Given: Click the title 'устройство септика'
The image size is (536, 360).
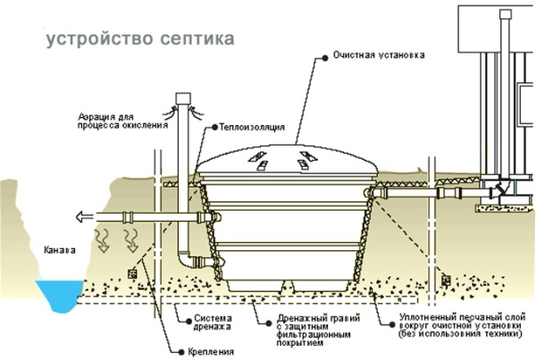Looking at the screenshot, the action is tap(140, 38).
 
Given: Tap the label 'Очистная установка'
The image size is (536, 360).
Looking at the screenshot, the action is tap(379, 55).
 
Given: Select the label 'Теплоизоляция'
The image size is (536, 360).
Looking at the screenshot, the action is tap(252, 127).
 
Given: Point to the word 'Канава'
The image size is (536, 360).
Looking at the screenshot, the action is tap(60, 250).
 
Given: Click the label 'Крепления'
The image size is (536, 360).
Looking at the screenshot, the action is tap(211, 352).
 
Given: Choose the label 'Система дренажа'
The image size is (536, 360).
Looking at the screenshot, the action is tap(213, 322).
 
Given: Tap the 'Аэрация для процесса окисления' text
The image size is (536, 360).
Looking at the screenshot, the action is tap(122, 121).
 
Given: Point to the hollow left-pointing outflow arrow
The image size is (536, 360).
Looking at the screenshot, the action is tap(84, 217).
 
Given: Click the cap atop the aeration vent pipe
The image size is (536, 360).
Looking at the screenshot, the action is tap(183, 98).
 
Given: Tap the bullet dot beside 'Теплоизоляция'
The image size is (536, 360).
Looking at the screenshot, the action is tap(214, 127).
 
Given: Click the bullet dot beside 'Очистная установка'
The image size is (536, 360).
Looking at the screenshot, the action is tap(325, 58).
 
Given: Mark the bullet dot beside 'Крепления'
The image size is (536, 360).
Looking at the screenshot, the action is tap(181, 352).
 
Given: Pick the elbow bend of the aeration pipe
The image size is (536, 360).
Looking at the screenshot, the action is tap(185, 259).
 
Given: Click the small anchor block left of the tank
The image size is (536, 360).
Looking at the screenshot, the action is tap(132, 274).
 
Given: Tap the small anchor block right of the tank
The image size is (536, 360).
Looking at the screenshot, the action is tap(446, 280).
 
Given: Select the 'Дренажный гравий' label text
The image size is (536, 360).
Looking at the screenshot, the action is tap(319, 331).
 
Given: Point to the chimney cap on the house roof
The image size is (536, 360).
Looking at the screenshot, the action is tap(506, 14).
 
